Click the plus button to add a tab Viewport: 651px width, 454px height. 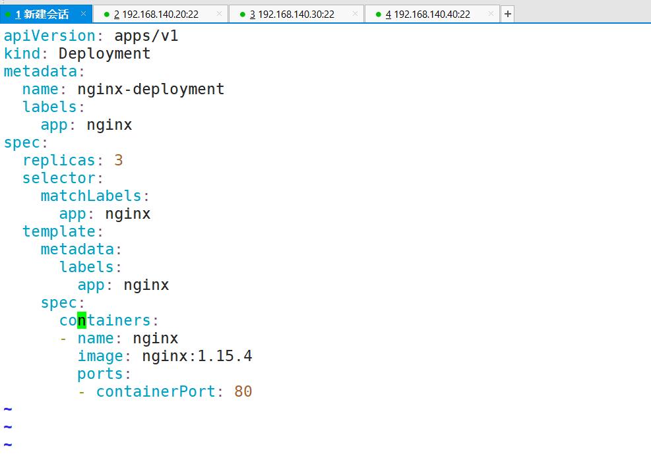(508, 14)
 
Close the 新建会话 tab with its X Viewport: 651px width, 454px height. (83, 14)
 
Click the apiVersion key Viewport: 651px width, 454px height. (49, 36)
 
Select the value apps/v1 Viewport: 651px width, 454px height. (146, 36)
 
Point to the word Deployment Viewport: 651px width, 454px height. (105, 53)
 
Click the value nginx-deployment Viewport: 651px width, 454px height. (151, 89)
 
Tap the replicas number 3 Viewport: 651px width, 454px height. (119, 160)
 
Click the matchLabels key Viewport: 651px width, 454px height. (91, 196)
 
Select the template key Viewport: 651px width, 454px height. (59, 231)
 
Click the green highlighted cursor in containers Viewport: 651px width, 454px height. (82, 320)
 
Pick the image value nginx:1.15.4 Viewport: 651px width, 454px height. (197, 356)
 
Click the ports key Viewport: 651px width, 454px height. (100, 374)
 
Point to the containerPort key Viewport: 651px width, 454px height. (156, 391)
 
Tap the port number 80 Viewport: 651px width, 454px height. (243, 391)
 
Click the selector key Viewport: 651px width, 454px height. (59, 178)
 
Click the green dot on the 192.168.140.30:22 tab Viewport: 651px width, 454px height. (243, 14)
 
